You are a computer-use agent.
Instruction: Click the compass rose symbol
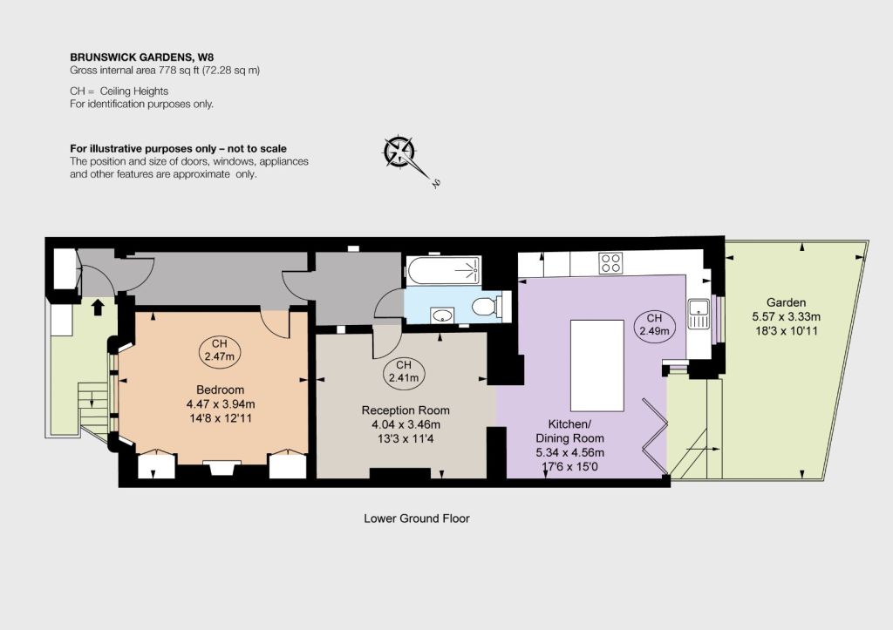click(x=400, y=152)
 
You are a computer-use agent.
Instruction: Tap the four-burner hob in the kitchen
click(x=610, y=263)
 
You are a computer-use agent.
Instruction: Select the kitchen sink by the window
click(x=699, y=315)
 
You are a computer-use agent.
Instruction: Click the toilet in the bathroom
click(x=486, y=307)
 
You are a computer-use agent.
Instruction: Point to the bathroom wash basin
click(x=442, y=315)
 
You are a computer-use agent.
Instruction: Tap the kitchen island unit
click(x=596, y=365)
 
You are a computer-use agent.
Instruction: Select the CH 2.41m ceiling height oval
click(x=403, y=371)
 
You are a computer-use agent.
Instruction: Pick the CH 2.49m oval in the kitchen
click(x=654, y=325)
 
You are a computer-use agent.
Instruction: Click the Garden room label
click(x=786, y=302)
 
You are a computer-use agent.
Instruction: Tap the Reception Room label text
click(x=406, y=410)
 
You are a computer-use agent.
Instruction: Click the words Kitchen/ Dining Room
click(x=569, y=430)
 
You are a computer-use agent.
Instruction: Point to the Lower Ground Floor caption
click(x=417, y=518)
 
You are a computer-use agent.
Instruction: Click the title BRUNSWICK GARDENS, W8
click(x=142, y=57)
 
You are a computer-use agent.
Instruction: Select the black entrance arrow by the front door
click(x=98, y=307)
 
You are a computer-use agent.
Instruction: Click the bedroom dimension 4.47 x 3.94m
click(x=221, y=404)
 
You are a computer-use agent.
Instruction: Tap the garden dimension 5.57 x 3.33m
click(x=786, y=317)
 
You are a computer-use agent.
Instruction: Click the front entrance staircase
click(x=92, y=404)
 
